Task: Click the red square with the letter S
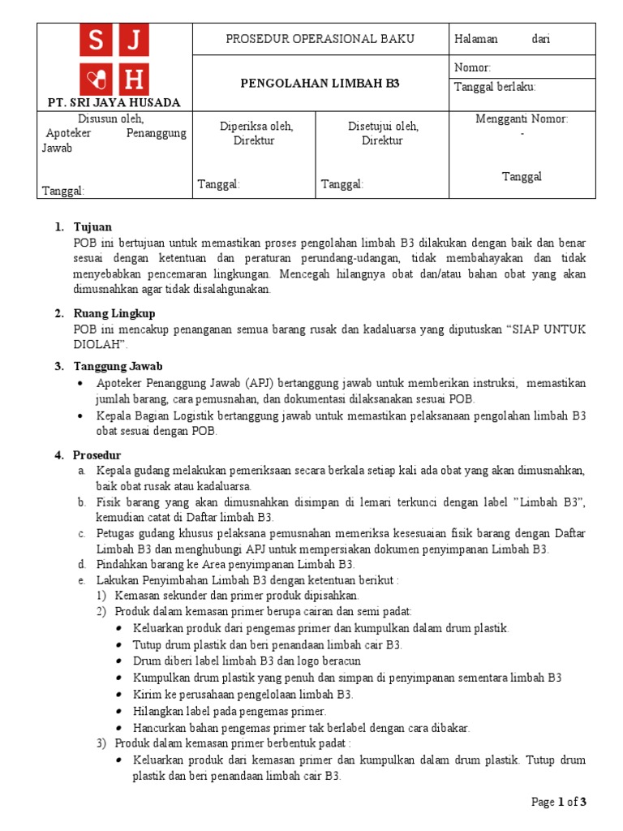point(97,41)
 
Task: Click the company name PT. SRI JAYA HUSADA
point(114,102)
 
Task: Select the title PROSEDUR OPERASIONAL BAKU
point(320,39)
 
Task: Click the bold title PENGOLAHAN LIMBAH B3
point(320,84)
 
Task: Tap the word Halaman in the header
point(477,39)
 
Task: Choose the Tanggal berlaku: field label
point(495,88)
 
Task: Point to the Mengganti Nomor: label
point(522,119)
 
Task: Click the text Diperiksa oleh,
point(256,126)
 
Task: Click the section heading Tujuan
point(92,227)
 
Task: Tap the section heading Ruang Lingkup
point(114,313)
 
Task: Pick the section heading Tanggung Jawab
point(118,366)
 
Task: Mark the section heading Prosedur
point(97,455)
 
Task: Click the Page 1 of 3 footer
point(558,802)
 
